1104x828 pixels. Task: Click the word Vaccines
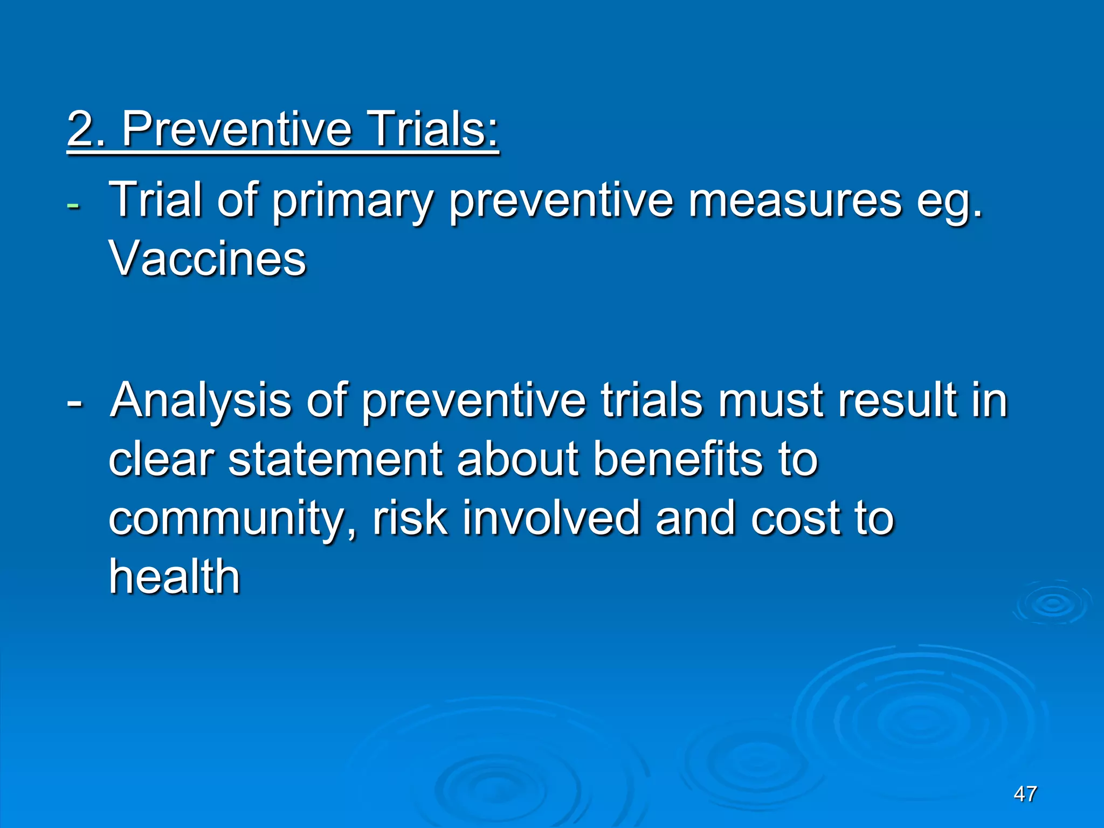208,259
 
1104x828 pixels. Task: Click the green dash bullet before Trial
72,206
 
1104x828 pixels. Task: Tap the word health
174,577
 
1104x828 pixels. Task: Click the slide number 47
1025,794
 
